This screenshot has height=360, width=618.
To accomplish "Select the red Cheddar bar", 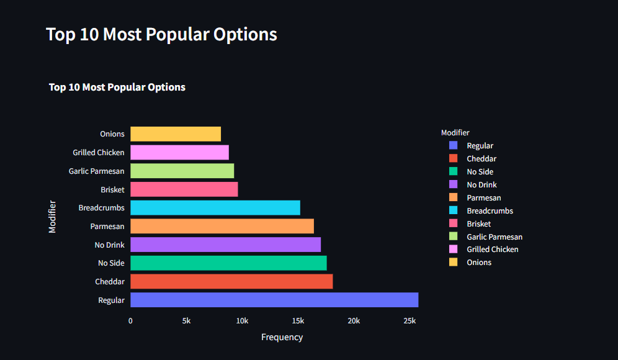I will tap(231, 282).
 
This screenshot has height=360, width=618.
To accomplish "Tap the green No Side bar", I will tap(228, 263).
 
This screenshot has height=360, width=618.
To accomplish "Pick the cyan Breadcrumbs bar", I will tap(215, 208).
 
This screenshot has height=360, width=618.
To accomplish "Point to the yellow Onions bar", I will tap(176, 134).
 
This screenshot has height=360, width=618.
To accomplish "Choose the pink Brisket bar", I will tap(184, 189).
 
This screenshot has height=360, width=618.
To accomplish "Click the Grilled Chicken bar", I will tap(179, 153).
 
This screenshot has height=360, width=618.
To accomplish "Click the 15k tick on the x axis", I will tap(298, 321).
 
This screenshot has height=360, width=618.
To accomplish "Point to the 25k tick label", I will tap(410, 321).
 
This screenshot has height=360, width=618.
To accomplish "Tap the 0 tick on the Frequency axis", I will tap(130, 321).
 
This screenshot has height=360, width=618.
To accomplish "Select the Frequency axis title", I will tap(282, 337).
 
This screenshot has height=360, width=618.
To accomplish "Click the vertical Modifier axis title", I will tap(52, 216).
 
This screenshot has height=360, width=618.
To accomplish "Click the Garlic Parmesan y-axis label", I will tap(96, 171).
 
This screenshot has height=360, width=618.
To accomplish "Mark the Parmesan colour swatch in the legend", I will tap(453, 197).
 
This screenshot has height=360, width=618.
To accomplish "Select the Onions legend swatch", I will tap(453, 262).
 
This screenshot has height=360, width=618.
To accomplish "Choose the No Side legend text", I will tap(480, 172).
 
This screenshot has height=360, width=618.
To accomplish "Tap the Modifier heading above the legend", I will tap(455, 132).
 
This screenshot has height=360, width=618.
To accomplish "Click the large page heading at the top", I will tap(161, 34).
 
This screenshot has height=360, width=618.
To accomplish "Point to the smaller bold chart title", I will tap(117, 88).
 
